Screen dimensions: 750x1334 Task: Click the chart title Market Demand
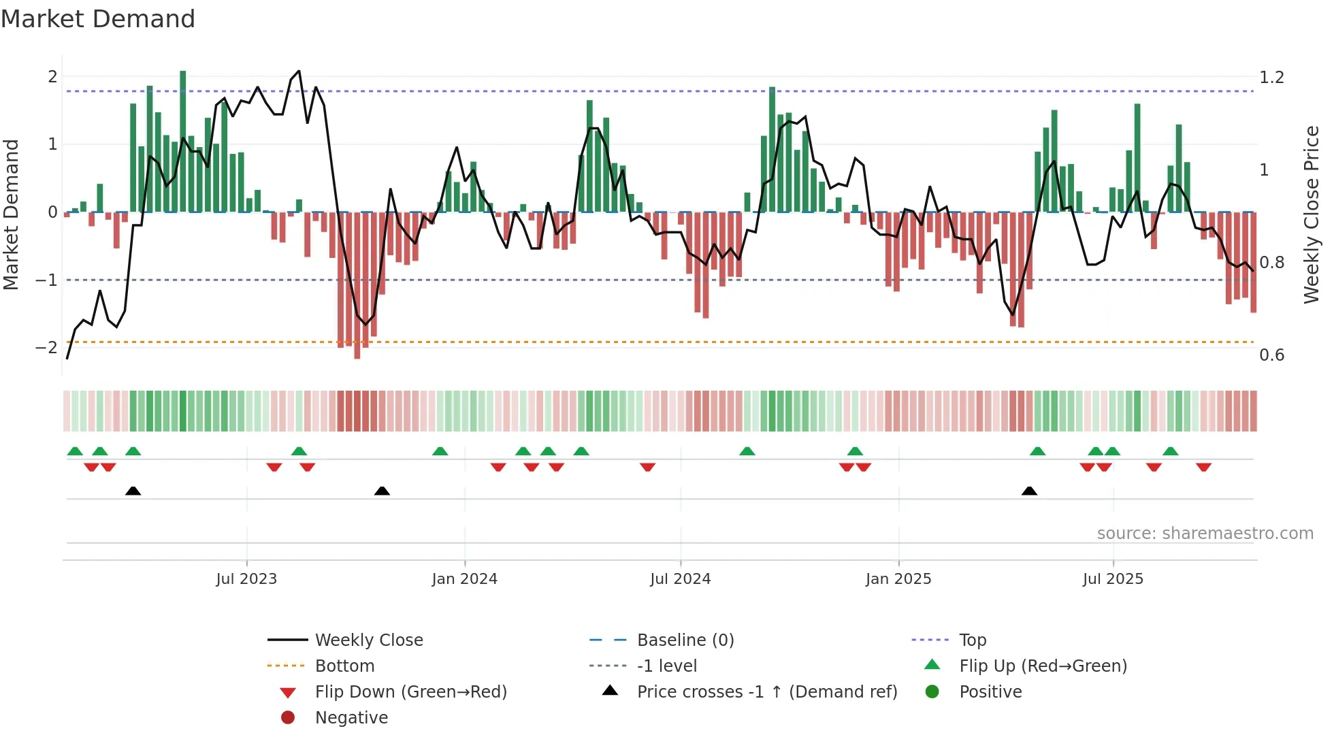[98, 19]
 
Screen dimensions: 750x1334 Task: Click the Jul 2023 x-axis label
[246, 579]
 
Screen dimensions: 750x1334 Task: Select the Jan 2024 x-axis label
[464, 579]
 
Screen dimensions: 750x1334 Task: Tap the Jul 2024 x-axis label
[680, 579]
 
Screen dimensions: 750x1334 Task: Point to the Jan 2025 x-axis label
[898, 579]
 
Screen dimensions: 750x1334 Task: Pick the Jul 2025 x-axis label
[1113, 579]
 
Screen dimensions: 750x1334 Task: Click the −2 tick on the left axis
[47, 348]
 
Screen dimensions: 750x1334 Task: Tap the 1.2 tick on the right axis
[1271, 78]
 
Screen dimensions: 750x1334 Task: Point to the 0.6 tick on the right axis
[1271, 355]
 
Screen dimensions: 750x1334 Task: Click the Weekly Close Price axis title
[1311, 214]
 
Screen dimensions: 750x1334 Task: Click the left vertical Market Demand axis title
[11, 214]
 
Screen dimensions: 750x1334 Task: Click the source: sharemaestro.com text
[1205, 534]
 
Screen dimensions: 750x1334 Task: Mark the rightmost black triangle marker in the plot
[1029, 491]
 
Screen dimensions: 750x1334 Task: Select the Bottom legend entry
[344, 666]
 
